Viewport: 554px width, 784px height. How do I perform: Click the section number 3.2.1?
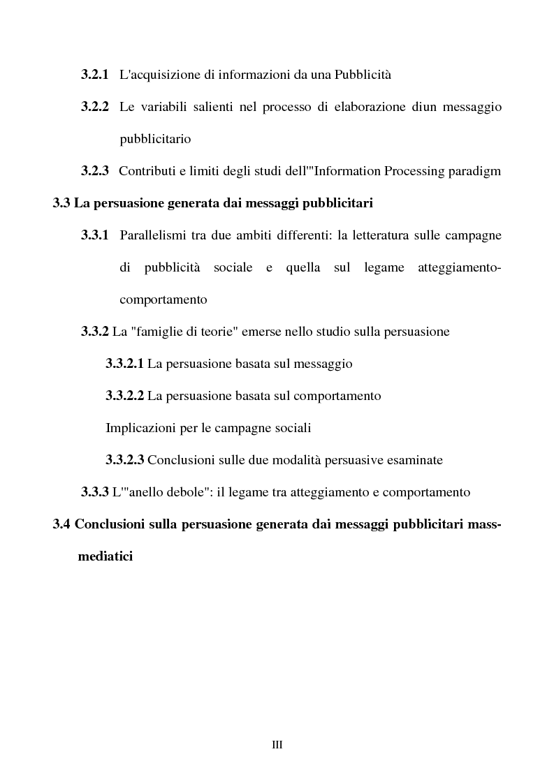[94, 75]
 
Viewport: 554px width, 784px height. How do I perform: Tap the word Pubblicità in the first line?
[360, 75]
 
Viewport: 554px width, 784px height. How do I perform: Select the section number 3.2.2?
[94, 107]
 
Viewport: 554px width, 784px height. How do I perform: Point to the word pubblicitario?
[155, 139]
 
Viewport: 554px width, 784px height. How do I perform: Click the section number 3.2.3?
[94, 171]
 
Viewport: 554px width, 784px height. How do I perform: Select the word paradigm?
[477, 171]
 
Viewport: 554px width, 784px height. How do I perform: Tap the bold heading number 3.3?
[61, 203]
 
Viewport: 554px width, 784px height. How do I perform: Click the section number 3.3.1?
[94, 235]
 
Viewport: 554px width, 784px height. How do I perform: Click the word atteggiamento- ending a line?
[459, 267]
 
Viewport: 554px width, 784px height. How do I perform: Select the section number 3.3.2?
[94, 332]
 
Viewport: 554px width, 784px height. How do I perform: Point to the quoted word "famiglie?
[154, 332]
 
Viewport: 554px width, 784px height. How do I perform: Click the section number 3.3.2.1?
[124, 364]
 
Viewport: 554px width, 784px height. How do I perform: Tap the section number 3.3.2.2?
[124, 396]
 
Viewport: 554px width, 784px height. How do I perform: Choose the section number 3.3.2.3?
[124, 460]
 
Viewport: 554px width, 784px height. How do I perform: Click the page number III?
[277, 745]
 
